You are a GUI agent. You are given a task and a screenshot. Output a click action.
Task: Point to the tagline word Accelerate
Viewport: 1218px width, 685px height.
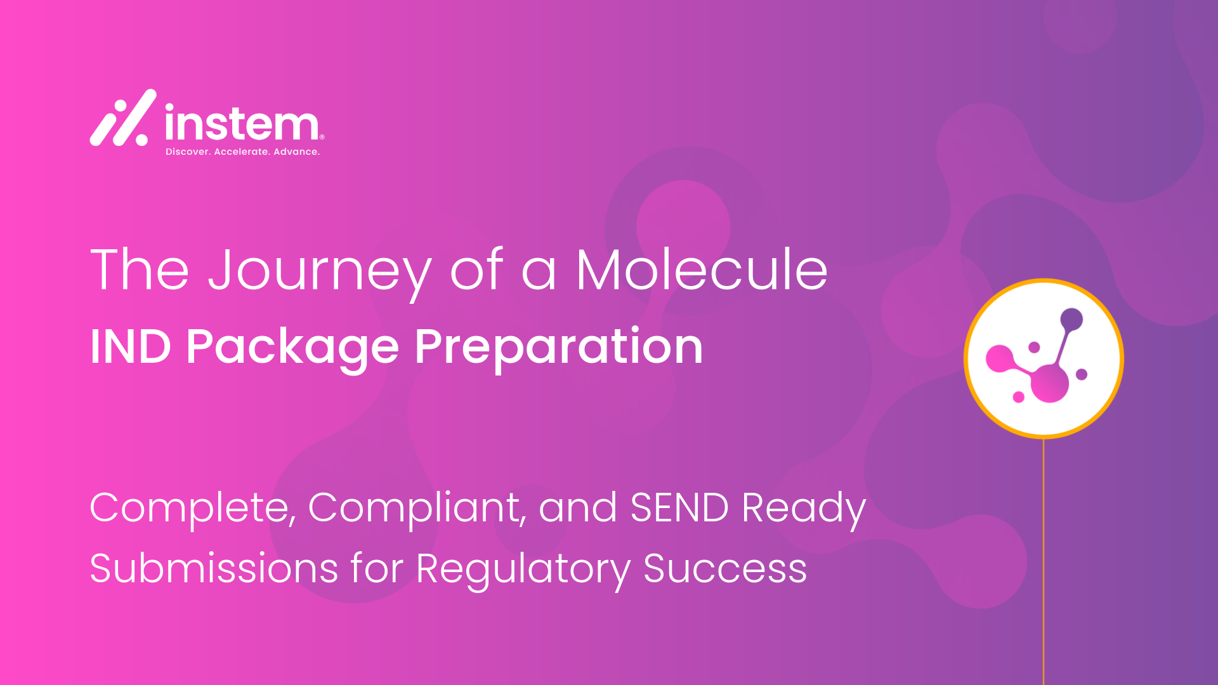242,152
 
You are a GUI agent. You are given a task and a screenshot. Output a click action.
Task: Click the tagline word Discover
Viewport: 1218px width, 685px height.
188,152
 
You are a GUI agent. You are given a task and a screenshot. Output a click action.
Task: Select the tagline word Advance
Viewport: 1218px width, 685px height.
296,152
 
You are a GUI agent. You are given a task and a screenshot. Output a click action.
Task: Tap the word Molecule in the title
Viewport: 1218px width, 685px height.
702,269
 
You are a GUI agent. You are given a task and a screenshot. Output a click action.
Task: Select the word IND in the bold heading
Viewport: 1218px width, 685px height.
131,347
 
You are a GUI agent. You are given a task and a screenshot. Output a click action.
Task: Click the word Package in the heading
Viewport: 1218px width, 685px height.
292,348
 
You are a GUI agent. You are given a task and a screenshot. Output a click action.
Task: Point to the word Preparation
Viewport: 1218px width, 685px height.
559,348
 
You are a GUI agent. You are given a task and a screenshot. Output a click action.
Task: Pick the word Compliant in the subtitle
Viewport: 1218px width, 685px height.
417,509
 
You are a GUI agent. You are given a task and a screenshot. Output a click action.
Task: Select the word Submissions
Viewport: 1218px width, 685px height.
214,568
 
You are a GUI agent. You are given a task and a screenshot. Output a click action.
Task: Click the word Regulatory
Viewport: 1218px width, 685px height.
523,570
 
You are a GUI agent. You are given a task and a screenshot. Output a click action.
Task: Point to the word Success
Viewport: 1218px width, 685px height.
725,568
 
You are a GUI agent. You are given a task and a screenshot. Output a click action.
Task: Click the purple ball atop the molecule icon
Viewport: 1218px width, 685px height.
1071,319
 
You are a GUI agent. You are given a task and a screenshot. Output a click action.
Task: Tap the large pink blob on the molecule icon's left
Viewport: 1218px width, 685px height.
1000,359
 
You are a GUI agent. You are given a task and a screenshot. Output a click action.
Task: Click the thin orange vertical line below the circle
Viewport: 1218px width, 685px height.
1044,561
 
